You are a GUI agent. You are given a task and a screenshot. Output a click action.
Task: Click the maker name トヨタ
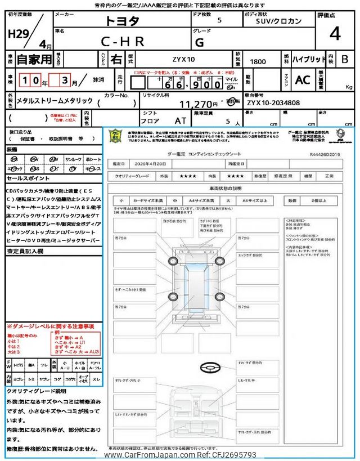[123, 21]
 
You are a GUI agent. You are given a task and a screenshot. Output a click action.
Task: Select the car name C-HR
[122, 41]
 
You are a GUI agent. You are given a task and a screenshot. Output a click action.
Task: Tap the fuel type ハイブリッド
[307, 59]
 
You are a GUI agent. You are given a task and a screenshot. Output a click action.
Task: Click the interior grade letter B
[345, 59]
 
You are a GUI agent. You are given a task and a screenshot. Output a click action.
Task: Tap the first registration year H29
[17, 33]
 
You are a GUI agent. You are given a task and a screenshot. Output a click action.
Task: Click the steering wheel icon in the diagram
[211, 366]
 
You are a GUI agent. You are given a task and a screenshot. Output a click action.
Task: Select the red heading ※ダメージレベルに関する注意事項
[51, 326]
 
